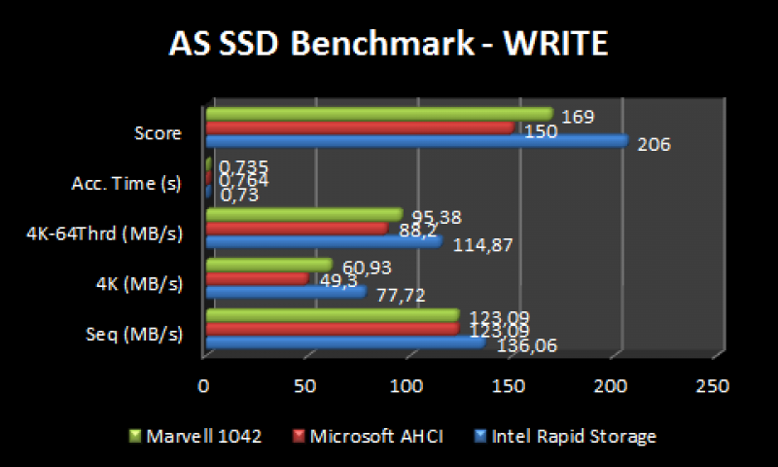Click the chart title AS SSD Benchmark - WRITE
[389, 45]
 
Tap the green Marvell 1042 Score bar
[379, 115]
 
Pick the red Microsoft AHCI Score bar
[360, 127]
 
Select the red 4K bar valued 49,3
[258, 278]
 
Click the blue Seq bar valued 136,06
[345, 341]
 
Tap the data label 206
[654, 145]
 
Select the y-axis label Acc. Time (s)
[126, 183]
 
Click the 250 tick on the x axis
[713, 387]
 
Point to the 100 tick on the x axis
[407, 387]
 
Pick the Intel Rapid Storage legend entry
[567, 437]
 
